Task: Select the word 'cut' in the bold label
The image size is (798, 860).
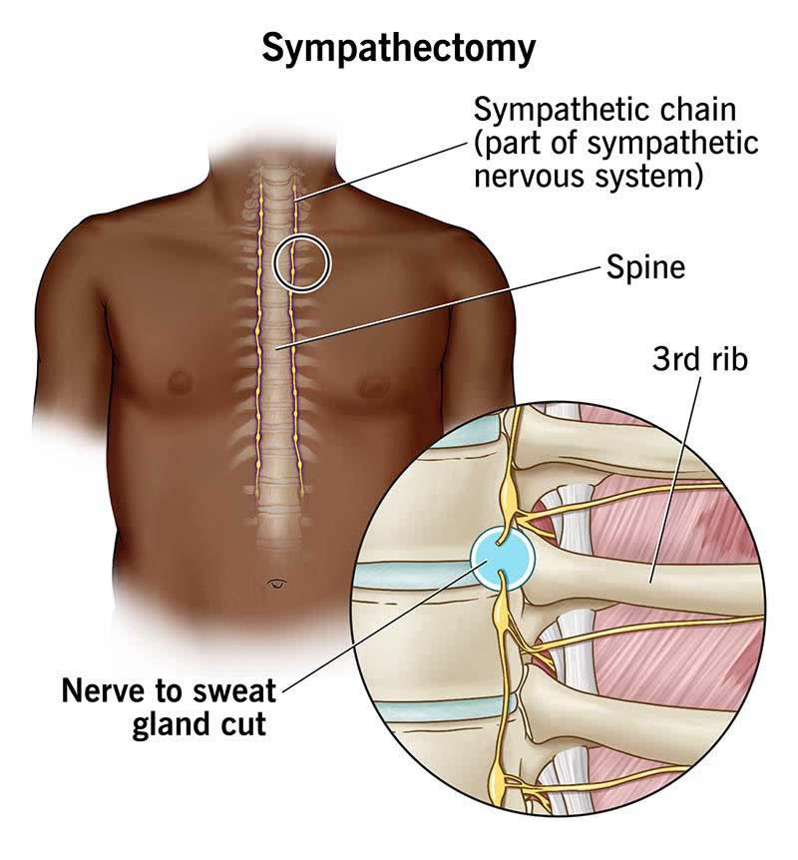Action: click(x=245, y=723)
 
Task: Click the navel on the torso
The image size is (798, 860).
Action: click(x=277, y=582)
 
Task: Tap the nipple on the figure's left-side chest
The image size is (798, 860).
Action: click(x=373, y=383)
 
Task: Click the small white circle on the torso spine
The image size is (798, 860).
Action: click(x=301, y=262)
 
